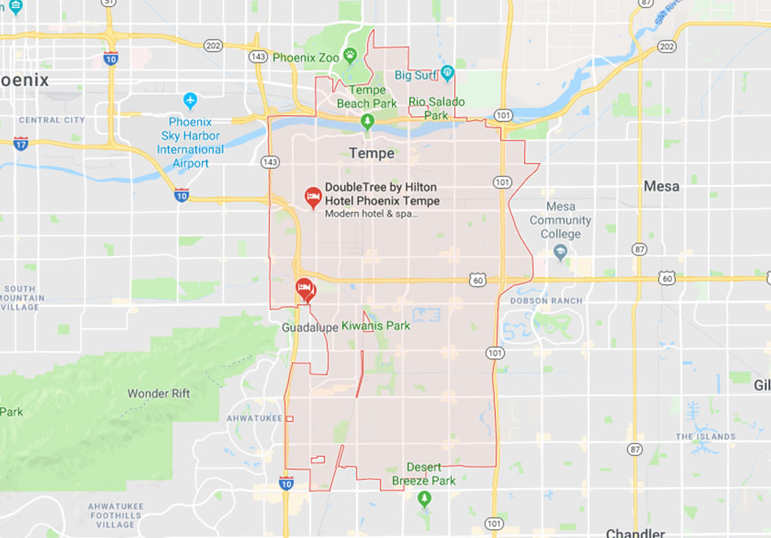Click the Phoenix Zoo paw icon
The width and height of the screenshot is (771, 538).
350,55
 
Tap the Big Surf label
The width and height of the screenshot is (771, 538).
416,75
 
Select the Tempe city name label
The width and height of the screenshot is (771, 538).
371,153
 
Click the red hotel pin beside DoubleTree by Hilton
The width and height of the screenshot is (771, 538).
312,196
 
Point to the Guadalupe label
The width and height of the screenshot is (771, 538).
308,327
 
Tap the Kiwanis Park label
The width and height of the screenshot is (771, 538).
376,326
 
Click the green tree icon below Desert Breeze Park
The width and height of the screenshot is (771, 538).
424,498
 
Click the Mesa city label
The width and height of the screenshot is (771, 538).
661,187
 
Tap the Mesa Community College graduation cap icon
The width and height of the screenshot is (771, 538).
560,252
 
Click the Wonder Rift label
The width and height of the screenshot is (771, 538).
158,394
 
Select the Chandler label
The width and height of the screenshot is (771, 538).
635,533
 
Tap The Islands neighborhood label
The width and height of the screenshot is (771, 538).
706,437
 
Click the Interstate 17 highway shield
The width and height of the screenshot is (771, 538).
20,144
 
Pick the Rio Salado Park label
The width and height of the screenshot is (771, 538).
437,108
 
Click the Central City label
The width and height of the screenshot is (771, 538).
51,120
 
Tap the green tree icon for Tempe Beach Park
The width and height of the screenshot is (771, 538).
368,121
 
